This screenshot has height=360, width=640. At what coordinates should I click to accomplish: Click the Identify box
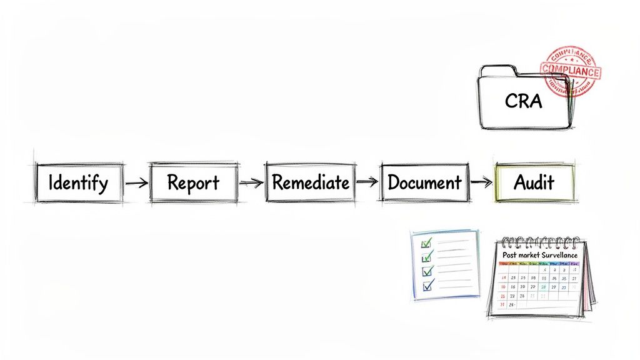coord(79,182)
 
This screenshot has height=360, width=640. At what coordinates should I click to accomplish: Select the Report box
coord(193,182)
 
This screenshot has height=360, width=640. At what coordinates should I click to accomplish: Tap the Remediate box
coord(310,182)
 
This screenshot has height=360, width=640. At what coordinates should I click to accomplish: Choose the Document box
coord(424,182)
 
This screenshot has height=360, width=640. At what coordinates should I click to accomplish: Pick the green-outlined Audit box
coord(533,182)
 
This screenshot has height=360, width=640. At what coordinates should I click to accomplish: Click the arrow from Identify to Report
coord(136,183)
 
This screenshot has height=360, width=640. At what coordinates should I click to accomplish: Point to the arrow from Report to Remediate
coord(251,182)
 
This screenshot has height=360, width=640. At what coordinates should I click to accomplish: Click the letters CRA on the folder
coord(523,101)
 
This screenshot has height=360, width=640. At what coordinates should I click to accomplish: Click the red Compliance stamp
coord(570,71)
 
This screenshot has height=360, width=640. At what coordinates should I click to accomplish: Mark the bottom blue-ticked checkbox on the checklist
coord(428,285)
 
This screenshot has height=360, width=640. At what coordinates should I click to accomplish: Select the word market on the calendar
coord(535,255)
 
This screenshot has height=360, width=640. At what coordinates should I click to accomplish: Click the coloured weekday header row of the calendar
coord(539,263)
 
